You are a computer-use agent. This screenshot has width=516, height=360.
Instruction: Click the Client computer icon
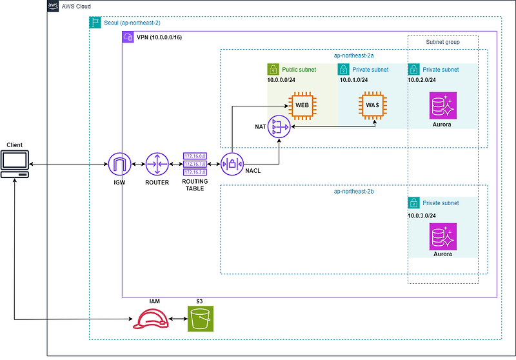point(15,165)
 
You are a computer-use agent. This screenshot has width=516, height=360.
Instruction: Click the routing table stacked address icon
point(194,164)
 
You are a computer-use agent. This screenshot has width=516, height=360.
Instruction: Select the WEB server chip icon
point(302,105)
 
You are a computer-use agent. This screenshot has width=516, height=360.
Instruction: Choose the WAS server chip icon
point(372,105)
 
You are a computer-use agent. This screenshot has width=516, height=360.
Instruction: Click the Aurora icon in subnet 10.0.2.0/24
point(442,105)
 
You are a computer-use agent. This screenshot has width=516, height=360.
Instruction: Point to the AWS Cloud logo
point(54,6)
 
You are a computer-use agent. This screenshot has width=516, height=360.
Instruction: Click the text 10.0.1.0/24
point(353,80)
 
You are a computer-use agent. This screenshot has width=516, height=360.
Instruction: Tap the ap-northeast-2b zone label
point(354,192)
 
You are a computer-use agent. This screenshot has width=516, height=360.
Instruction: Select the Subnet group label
point(442,42)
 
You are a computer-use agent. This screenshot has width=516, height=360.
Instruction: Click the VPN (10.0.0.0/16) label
point(159,37)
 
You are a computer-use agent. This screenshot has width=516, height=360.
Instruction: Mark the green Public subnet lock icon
point(273,69)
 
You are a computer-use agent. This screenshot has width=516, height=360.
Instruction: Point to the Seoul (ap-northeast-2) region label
point(132,23)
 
